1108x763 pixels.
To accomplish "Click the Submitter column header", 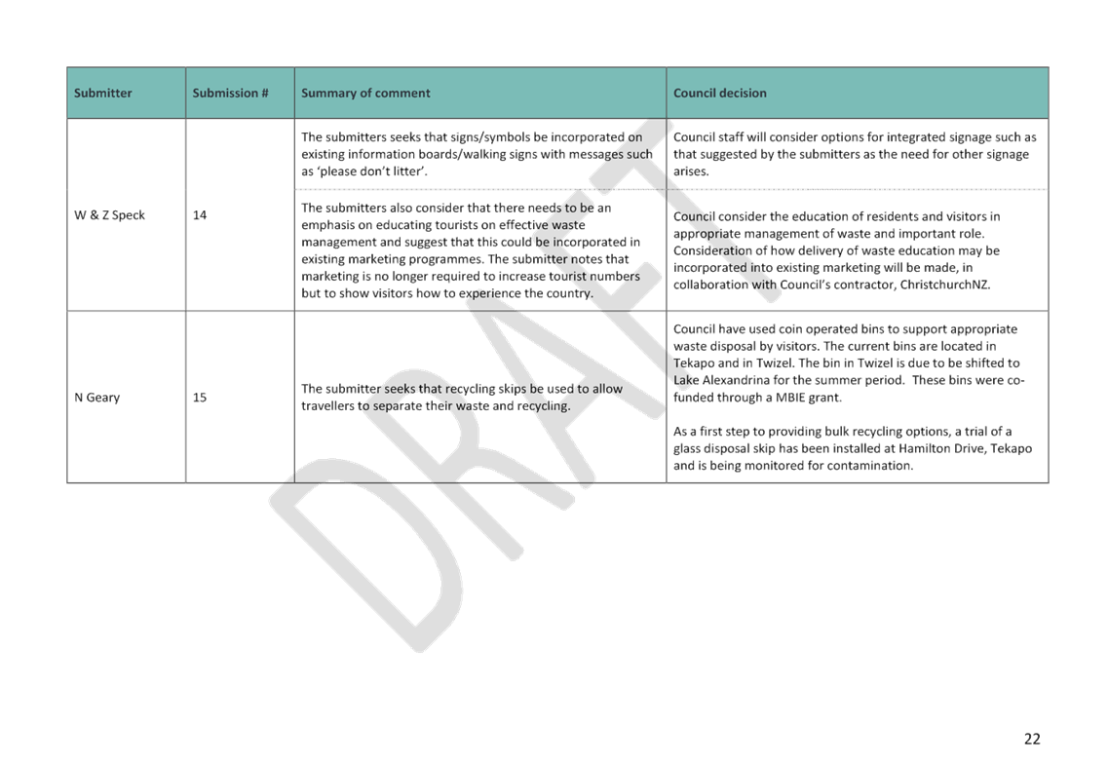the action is [x=102, y=94].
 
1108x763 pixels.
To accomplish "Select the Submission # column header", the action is [x=230, y=94].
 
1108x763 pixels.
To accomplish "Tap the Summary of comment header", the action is [x=365, y=94].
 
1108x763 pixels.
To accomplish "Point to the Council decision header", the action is [x=719, y=94].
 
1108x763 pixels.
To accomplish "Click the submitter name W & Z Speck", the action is [x=109, y=215].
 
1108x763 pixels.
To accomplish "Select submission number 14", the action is [x=200, y=215].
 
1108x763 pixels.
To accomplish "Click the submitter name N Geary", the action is [x=96, y=398].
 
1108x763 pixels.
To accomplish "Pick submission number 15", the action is [x=200, y=398].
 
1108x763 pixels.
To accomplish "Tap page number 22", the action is [x=1032, y=739].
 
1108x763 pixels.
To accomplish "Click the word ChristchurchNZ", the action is [x=944, y=285].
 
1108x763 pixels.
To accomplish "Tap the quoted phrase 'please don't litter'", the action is [x=373, y=172].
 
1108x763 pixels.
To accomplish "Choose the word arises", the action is [x=690, y=172].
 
